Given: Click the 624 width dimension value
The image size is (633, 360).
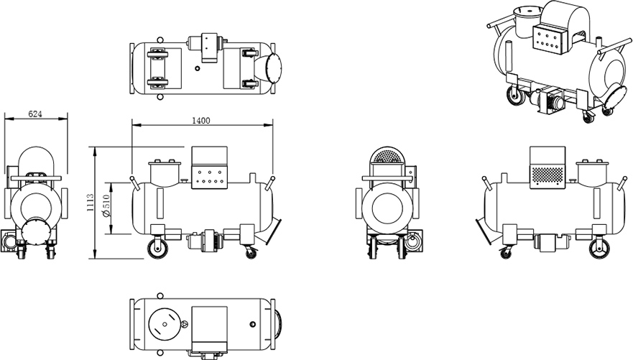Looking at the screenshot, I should [34, 114].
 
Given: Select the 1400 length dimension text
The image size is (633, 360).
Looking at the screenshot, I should [201, 121].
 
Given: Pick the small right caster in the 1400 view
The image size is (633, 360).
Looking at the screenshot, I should [249, 252].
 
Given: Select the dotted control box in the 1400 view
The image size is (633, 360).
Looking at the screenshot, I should [210, 170].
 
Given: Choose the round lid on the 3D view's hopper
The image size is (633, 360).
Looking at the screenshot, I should [527, 11].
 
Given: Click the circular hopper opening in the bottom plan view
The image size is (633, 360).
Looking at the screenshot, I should [166, 326].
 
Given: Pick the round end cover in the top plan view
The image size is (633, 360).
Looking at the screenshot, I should [272, 68].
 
